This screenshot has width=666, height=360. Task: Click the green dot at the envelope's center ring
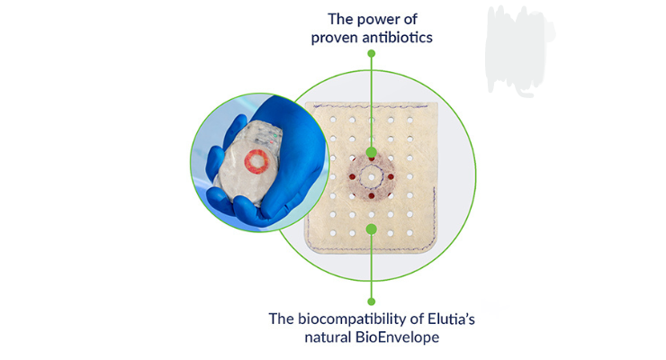[x=372, y=153]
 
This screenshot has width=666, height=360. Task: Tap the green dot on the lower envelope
[x=372, y=229]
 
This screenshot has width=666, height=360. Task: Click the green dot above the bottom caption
[x=372, y=299]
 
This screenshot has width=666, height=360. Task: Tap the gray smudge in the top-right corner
[x=517, y=40]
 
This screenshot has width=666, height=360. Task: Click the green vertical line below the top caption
[x=372, y=99]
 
